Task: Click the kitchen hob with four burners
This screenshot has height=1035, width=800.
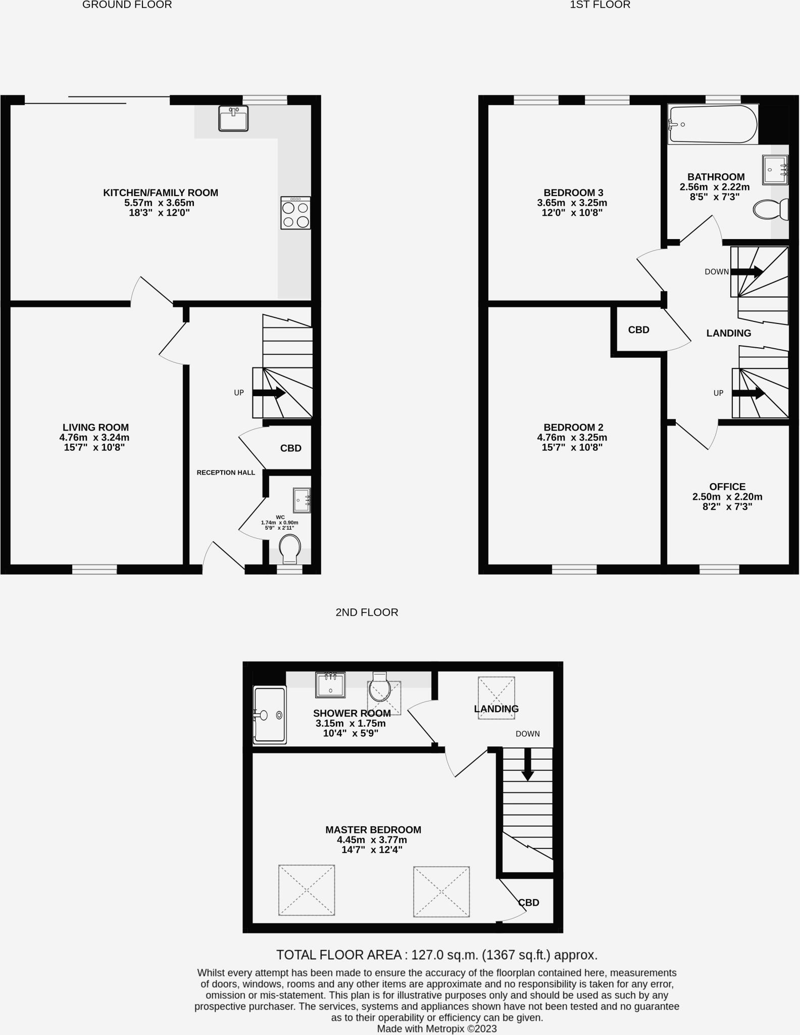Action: pos(295,213)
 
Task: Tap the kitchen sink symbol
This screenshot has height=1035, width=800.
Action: pos(233,118)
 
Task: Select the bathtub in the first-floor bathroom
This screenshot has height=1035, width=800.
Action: pos(712,124)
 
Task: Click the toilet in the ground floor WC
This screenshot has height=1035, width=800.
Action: pos(290,549)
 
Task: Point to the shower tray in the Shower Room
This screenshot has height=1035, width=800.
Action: pos(270,715)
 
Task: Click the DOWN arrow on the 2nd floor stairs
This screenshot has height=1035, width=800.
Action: pos(527,764)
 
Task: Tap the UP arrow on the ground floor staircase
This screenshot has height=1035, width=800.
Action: pos(268,393)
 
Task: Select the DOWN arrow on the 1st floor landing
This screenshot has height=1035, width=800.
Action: pos(746,272)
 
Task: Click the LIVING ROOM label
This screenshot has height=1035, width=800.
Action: pos(95,428)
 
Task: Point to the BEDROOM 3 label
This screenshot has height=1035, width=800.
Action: pos(573,193)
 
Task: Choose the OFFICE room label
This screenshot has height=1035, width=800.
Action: pos(727,487)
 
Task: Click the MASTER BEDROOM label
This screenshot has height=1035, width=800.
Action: pos(373,830)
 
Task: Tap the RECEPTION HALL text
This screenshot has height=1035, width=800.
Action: pos(226,473)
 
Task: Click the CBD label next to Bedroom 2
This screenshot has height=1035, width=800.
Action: pos(638,330)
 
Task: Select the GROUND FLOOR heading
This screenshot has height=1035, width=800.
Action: pos(127,5)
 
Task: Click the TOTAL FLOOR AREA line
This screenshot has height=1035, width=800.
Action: pos(436,955)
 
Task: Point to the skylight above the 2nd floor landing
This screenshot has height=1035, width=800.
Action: pos(496,698)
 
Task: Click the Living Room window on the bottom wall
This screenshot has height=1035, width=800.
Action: pos(94,570)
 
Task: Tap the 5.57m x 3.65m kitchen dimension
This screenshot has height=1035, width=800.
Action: pos(159,203)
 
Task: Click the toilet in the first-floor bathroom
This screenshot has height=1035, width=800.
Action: pos(770,209)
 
